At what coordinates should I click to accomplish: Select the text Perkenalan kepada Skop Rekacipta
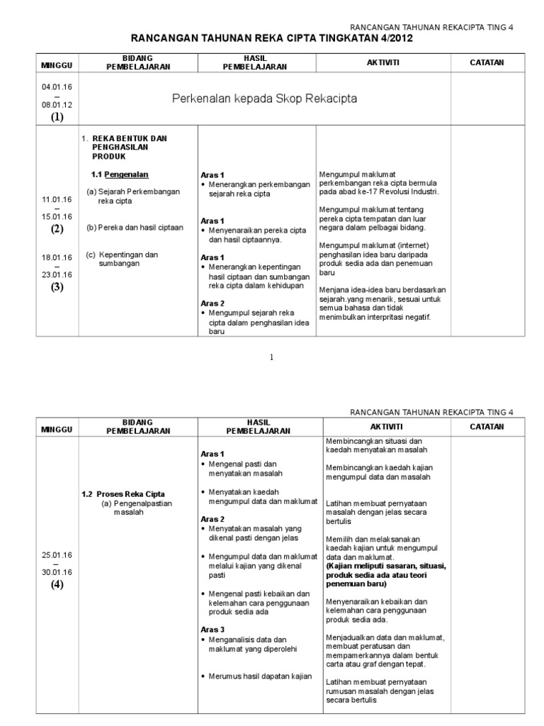[x=265, y=98]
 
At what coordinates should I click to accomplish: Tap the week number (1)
[x=57, y=118]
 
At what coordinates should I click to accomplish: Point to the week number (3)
[x=57, y=287]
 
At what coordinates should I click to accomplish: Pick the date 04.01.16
[x=57, y=85]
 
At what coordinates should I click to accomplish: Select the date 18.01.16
[x=57, y=258]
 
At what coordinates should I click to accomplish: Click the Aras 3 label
[x=212, y=629]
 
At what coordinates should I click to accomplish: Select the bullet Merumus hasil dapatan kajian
[x=260, y=676]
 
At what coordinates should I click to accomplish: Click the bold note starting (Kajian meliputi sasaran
[x=386, y=577]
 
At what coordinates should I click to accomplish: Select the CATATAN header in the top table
[x=487, y=62]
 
